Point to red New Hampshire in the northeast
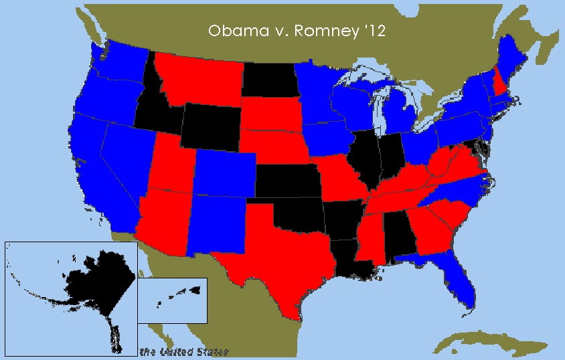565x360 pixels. coord(499,86)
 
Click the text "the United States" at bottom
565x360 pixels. coord(184,352)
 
